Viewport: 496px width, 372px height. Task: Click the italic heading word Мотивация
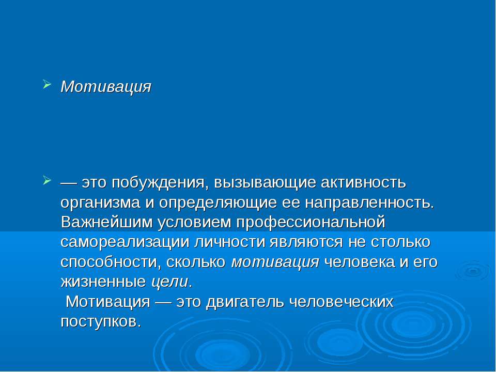click(106, 86)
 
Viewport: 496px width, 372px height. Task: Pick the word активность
click(364, 183)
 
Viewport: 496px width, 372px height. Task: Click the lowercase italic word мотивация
click(275, 261)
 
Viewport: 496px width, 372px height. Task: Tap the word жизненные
click(103, 282)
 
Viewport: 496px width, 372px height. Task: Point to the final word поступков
click(100, 321)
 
